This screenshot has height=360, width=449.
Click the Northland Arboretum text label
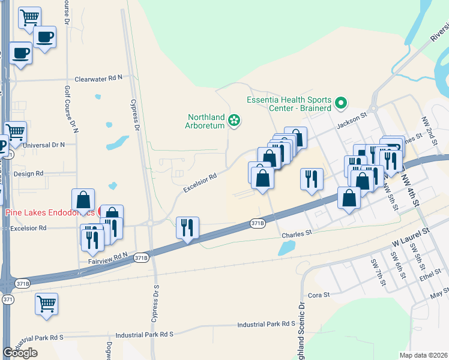pos(206,122)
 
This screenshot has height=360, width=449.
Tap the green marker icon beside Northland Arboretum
pos(234,122)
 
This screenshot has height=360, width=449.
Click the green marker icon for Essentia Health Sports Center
pos(342,103)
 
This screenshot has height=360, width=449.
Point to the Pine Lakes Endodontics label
pos(49,213)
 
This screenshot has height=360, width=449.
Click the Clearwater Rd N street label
pos(98,79)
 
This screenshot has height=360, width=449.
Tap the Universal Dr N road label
pos(43,145)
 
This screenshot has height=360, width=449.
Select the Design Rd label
pos(28,173)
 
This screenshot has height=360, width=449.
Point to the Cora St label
pos(319,295)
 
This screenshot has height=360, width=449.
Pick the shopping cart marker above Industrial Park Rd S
pos(46,305)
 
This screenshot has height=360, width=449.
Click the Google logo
pos(20,353)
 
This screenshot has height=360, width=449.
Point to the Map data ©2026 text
pos(424,355)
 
